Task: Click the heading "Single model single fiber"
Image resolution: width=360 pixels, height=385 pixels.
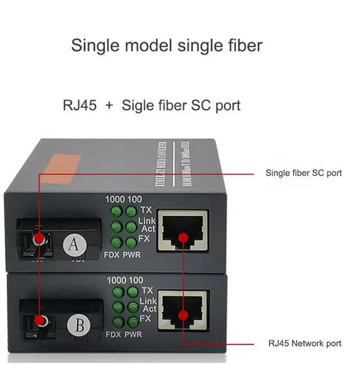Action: tap(166, 45)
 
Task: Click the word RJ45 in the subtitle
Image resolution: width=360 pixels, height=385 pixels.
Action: tap(80, 105)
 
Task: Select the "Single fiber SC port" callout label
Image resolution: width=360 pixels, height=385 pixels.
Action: tap(303, 173)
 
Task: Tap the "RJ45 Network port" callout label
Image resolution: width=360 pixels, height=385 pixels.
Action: tap(304, 343)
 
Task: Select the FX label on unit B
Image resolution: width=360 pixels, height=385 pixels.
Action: tap(146, 319)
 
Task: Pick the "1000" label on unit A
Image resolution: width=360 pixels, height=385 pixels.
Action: tap(115, 200)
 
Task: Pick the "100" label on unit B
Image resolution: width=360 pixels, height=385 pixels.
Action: tap(136, 280)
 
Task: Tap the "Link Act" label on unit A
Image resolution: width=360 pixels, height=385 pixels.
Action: tap(147, 225)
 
